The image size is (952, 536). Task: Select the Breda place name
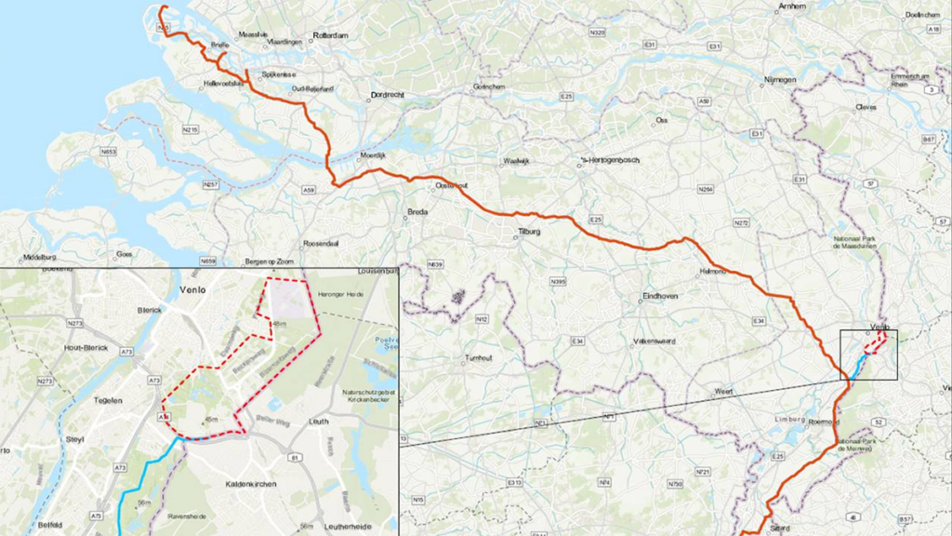point(417,213)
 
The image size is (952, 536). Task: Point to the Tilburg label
point(528,234)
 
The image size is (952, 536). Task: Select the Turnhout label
point(481,357)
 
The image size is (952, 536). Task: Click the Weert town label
point(723,392)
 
